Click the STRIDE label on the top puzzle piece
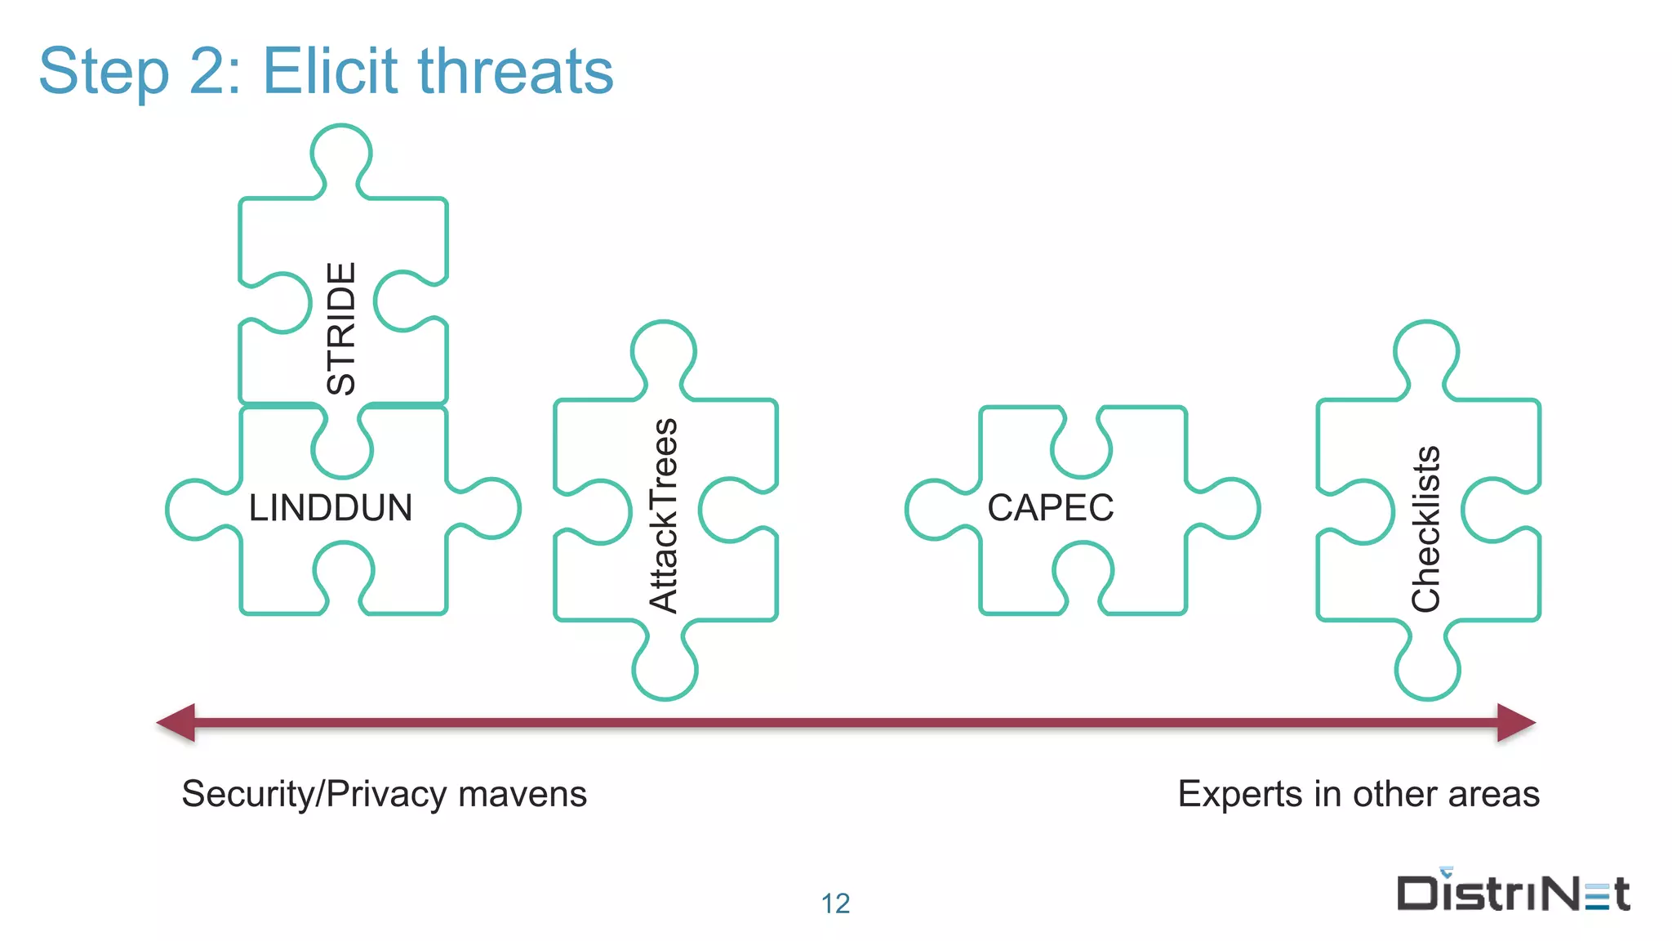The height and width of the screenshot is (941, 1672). coord(341,328)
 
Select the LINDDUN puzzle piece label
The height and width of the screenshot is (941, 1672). coord(331,508)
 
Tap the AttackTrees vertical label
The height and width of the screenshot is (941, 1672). coord(664,515)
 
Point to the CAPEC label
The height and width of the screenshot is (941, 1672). coord(1051,508)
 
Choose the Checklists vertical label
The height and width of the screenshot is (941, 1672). coord(1426,528)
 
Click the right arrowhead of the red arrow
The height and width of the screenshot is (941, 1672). coord(1516,723)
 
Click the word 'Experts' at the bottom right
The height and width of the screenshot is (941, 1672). coord(1240,794)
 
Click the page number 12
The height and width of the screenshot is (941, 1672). coord(835,903)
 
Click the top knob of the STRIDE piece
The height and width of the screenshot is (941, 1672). coord(341,155)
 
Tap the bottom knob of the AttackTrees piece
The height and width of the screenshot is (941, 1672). coord(665,670)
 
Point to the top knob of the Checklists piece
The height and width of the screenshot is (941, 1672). coord(1426,352)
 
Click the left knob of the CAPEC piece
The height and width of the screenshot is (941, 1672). coord(936,510)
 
